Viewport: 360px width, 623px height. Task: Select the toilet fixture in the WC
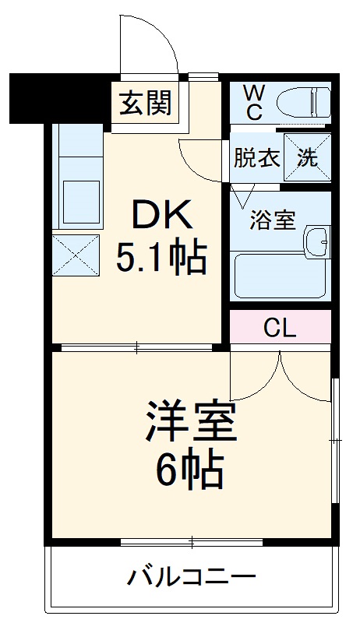(x=307, y=100)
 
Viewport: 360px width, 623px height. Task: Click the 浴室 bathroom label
(x=272, y=220)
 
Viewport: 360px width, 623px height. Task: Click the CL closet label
(x=279, y=328)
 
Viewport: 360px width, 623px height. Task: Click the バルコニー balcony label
(x=191, y=578)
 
